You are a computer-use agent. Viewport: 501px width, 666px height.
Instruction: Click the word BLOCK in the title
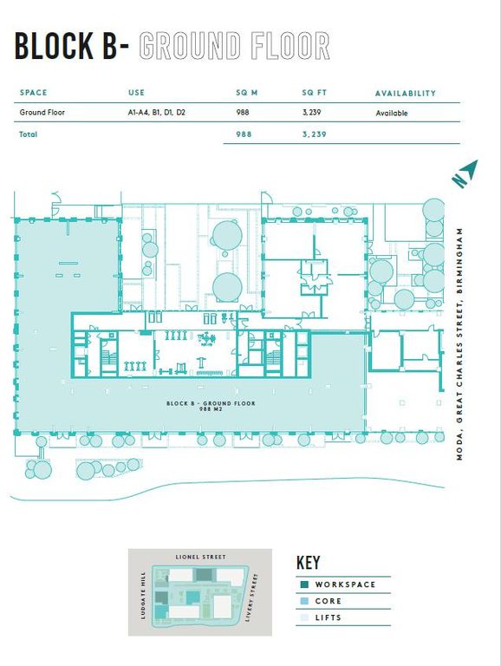[54, 45]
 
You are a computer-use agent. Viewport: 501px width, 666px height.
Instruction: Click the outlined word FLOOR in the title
[290, 45]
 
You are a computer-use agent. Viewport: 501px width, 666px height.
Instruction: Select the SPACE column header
[33, 93]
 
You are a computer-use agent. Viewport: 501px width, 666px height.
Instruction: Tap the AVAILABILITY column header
[406, 94]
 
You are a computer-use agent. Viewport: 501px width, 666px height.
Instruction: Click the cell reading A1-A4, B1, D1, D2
[157, 113]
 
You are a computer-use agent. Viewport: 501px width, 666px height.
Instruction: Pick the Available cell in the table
[392, 114]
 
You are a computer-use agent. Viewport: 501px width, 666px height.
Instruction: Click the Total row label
[28, 134]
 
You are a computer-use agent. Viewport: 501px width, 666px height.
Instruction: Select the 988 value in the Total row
[244, 134]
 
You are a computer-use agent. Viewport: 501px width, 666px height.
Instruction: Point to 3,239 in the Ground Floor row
[312, 113]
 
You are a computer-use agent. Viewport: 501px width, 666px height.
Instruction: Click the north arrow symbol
[465, 173]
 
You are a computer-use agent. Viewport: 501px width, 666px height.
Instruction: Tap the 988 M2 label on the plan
[211, 409]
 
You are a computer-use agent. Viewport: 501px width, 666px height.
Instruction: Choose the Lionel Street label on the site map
[201, 557]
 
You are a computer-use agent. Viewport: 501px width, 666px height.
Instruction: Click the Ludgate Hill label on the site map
[143, 595]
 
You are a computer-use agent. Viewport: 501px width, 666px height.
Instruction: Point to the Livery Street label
[252, 597]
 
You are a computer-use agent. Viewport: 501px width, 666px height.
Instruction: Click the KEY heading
[309, 562]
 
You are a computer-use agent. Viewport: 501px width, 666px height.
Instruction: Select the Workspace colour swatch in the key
[304, 584]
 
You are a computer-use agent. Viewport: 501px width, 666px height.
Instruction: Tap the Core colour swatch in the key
[304, 601]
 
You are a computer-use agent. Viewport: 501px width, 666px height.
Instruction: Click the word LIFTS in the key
[329, 617]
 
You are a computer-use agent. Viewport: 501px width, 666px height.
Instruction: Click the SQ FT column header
[314, 93]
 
